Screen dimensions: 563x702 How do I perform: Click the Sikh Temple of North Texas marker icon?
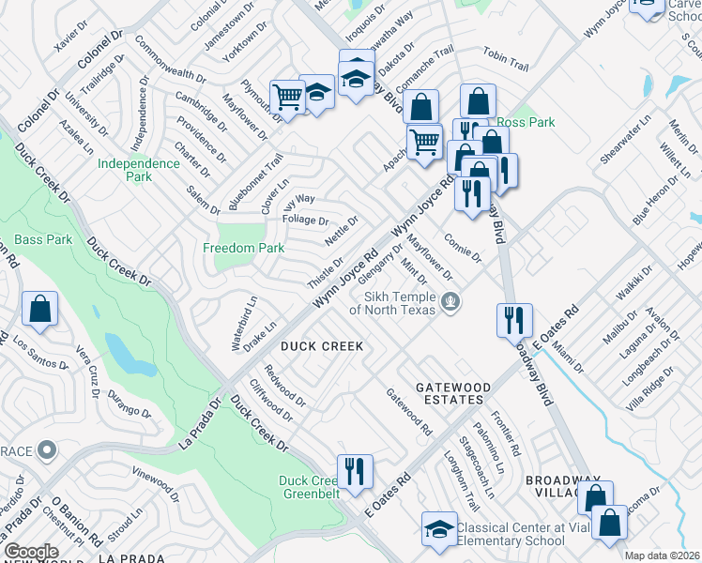click(451, 301)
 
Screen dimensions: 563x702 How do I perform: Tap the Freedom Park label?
click(244, 248)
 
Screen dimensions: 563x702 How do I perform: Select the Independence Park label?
click(139, 170)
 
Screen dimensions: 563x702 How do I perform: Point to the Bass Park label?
click(43, 240)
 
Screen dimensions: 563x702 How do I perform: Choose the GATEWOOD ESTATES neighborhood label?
click(454, 394)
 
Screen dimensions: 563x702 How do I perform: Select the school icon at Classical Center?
click(439, 530)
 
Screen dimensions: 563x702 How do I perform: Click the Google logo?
click(31, 552)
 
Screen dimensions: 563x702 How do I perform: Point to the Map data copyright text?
click(662, 555)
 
